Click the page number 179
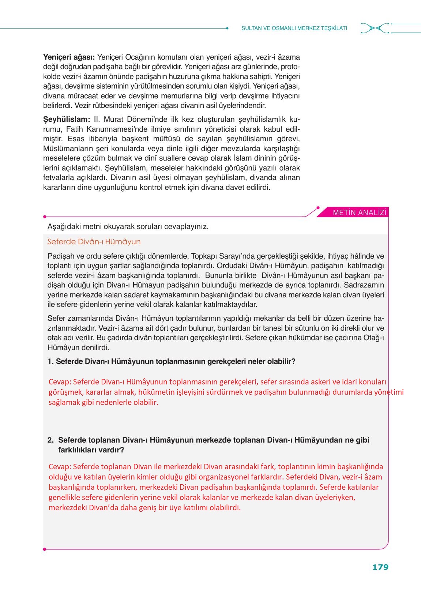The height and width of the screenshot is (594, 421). coord(380,567)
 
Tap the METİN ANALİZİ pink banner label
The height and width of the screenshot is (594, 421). coord(359,213)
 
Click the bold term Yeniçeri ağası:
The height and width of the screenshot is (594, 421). coord(69,57)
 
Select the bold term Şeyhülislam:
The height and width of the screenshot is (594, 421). coord(67,119)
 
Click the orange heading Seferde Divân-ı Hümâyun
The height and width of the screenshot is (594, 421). coord(94,242)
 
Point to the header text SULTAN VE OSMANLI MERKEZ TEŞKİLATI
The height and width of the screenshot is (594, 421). coord(294,28)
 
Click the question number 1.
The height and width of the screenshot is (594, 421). coord(50,361)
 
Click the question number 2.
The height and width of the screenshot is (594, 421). coord(50,440)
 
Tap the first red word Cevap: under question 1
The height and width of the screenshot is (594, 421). coord(60,382)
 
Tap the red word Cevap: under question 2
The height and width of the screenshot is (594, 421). coord(60,467)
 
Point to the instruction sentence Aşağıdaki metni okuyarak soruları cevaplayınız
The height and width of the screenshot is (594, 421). coord(128,226)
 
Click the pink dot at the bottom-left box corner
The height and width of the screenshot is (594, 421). coord(44,549)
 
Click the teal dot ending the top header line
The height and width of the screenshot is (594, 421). coord(227,28)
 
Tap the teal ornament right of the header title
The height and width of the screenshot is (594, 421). coord(375,28)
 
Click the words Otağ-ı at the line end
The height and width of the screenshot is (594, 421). coord(373,338)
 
